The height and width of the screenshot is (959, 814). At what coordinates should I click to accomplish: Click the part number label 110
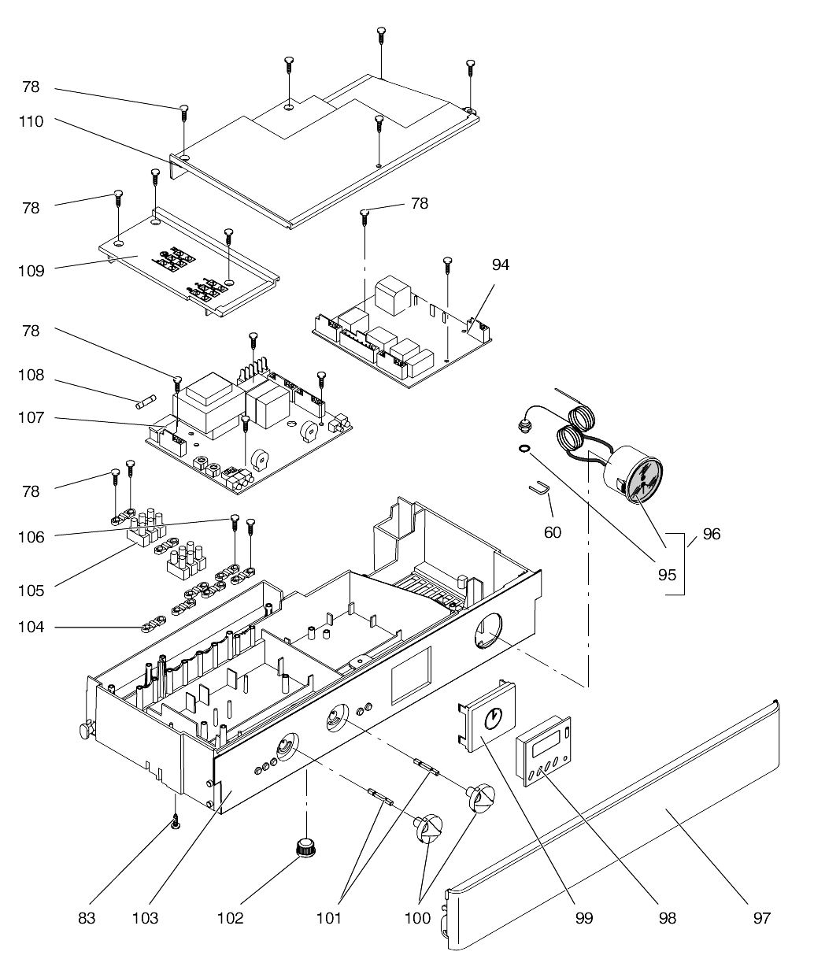click(x=31, y=121)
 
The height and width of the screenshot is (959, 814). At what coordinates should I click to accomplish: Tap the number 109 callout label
click(x=31, y=271)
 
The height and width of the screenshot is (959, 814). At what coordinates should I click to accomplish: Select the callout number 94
click(x=501, y=265)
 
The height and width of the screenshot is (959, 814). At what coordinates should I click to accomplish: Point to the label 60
click(x=553, y=532)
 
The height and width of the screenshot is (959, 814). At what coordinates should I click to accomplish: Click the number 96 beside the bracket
click(x=712, y=534)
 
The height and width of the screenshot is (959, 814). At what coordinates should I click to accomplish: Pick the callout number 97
click(x=761, y=918)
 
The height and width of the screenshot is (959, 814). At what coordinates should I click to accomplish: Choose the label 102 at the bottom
click(x=230, y=918)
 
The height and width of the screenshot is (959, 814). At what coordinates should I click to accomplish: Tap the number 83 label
click(x=87, y=918)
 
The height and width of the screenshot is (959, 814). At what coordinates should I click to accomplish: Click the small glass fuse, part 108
click(x=146, y=402)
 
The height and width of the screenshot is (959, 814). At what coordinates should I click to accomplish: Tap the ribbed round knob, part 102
click(x=305, y=848)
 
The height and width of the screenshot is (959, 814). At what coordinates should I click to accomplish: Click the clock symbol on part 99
click(x=493, y=720)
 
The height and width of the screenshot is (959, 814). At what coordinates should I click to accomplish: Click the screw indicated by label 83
click(x=176, y=823)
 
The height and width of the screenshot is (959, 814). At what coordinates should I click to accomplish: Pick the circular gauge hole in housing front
click(x=487, y=630)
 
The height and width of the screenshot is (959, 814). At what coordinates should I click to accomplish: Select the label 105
click(x=31, y=591)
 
